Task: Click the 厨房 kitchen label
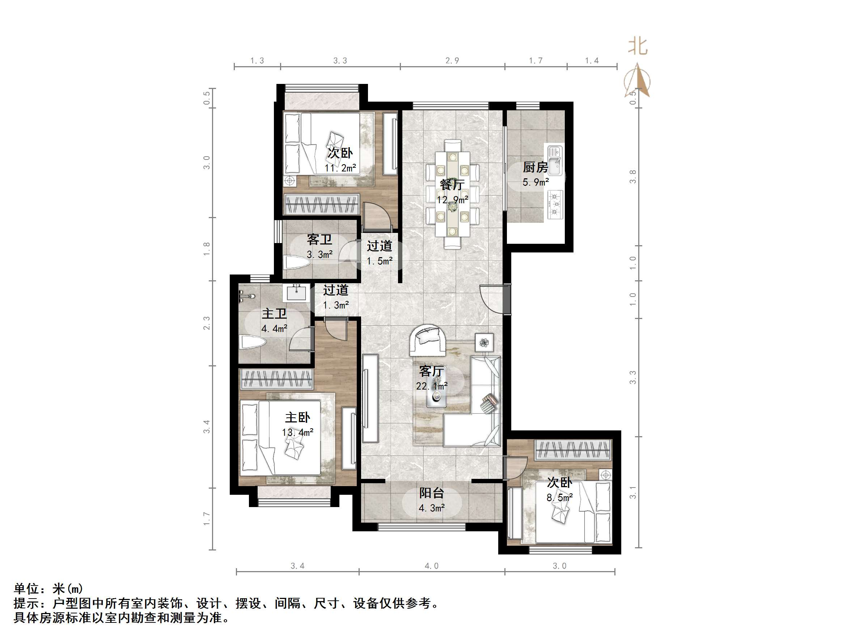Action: (x=535, y=167)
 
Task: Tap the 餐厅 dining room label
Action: (x=452, y=185)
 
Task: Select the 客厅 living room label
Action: (x=431, y=371)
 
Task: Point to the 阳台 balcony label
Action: (x=432, y=493)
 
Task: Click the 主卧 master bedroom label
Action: (x=297, y=418)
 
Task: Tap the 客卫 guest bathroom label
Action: (x=319, y=239)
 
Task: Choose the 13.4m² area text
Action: (x=297, y=433)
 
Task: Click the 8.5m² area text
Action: (x=559, y=498)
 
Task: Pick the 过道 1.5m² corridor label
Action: (x=379, y=246)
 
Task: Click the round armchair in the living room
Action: (x=428, y=340)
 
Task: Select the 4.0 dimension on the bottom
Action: (x=431, y=566)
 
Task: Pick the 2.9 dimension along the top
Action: (x=452, y=60)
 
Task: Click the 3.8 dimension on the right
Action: (x=632, y=176)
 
